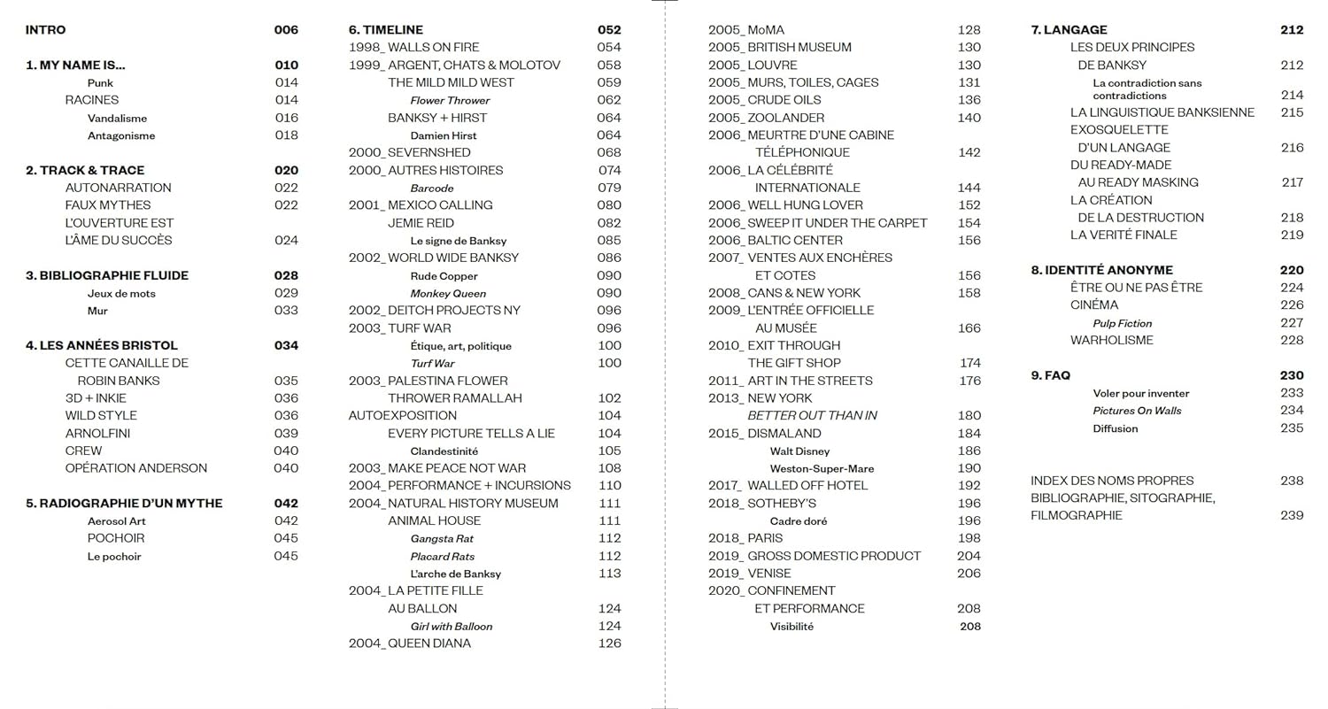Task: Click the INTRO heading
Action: click(45, 30)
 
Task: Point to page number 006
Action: click(286, 30)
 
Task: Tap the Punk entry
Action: click(100, 83)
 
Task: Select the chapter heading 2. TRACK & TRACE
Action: click(85, 170)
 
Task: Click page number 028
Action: click(286, 275)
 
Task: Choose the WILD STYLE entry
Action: click(101, 415)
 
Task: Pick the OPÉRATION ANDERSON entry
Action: click(136, 468)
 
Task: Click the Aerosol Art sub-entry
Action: click(117, 521)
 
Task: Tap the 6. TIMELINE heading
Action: click(386, 30)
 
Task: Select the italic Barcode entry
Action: click(432, 189)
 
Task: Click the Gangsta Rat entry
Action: click(442, 539)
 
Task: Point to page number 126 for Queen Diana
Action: click(610, 643)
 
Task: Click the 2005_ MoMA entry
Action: click(746, 30)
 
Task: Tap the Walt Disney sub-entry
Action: click(799, 451)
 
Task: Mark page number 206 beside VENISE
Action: click(969, 574)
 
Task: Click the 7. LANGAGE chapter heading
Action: click(1069, 30)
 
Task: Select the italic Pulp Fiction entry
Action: click(1123, 324)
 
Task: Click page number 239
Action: click(1292, 515)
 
